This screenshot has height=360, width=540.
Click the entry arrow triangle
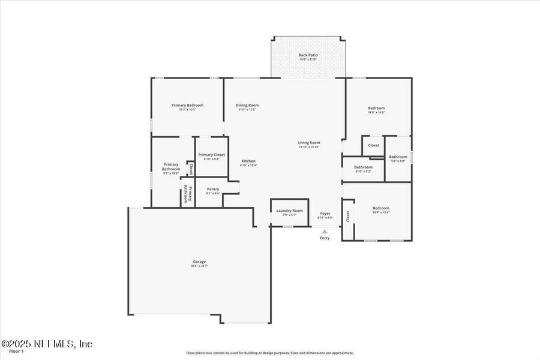coord(325,231)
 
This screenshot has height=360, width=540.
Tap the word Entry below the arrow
coord(325,238)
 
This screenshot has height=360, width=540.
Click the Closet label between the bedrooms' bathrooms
coord(373,145)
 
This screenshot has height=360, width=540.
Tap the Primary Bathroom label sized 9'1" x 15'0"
coord(171,168)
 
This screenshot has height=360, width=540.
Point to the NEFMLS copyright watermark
coord(47,344)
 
